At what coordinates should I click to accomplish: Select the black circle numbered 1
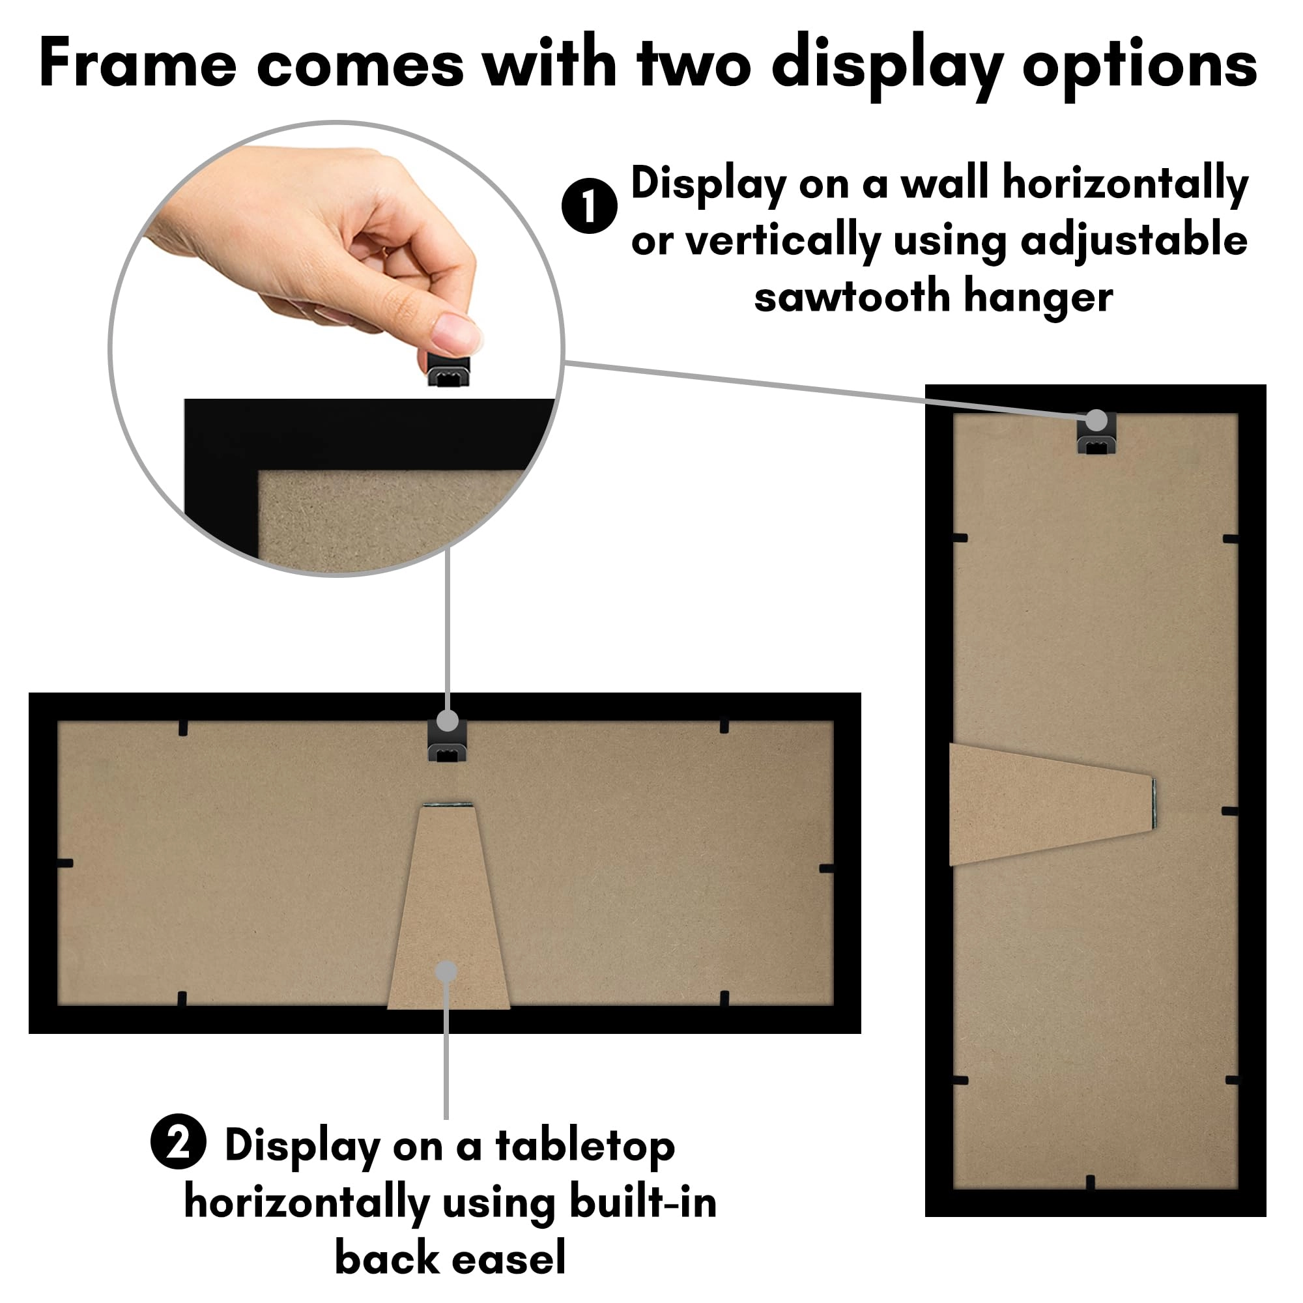point(589,206)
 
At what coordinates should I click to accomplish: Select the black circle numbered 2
point(178,1141)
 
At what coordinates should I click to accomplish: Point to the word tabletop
point(585,1146)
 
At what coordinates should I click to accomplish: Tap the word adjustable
point(1134,241)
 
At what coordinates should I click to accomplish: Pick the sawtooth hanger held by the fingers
point(448,369)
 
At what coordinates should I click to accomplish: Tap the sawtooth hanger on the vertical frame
point(1096,435)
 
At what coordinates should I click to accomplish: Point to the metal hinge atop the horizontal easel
point(448,805)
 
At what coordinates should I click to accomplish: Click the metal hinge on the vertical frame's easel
point(1154,803)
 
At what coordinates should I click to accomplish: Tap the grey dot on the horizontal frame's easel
point(446,972)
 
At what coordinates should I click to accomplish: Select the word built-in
point(643,1202)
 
